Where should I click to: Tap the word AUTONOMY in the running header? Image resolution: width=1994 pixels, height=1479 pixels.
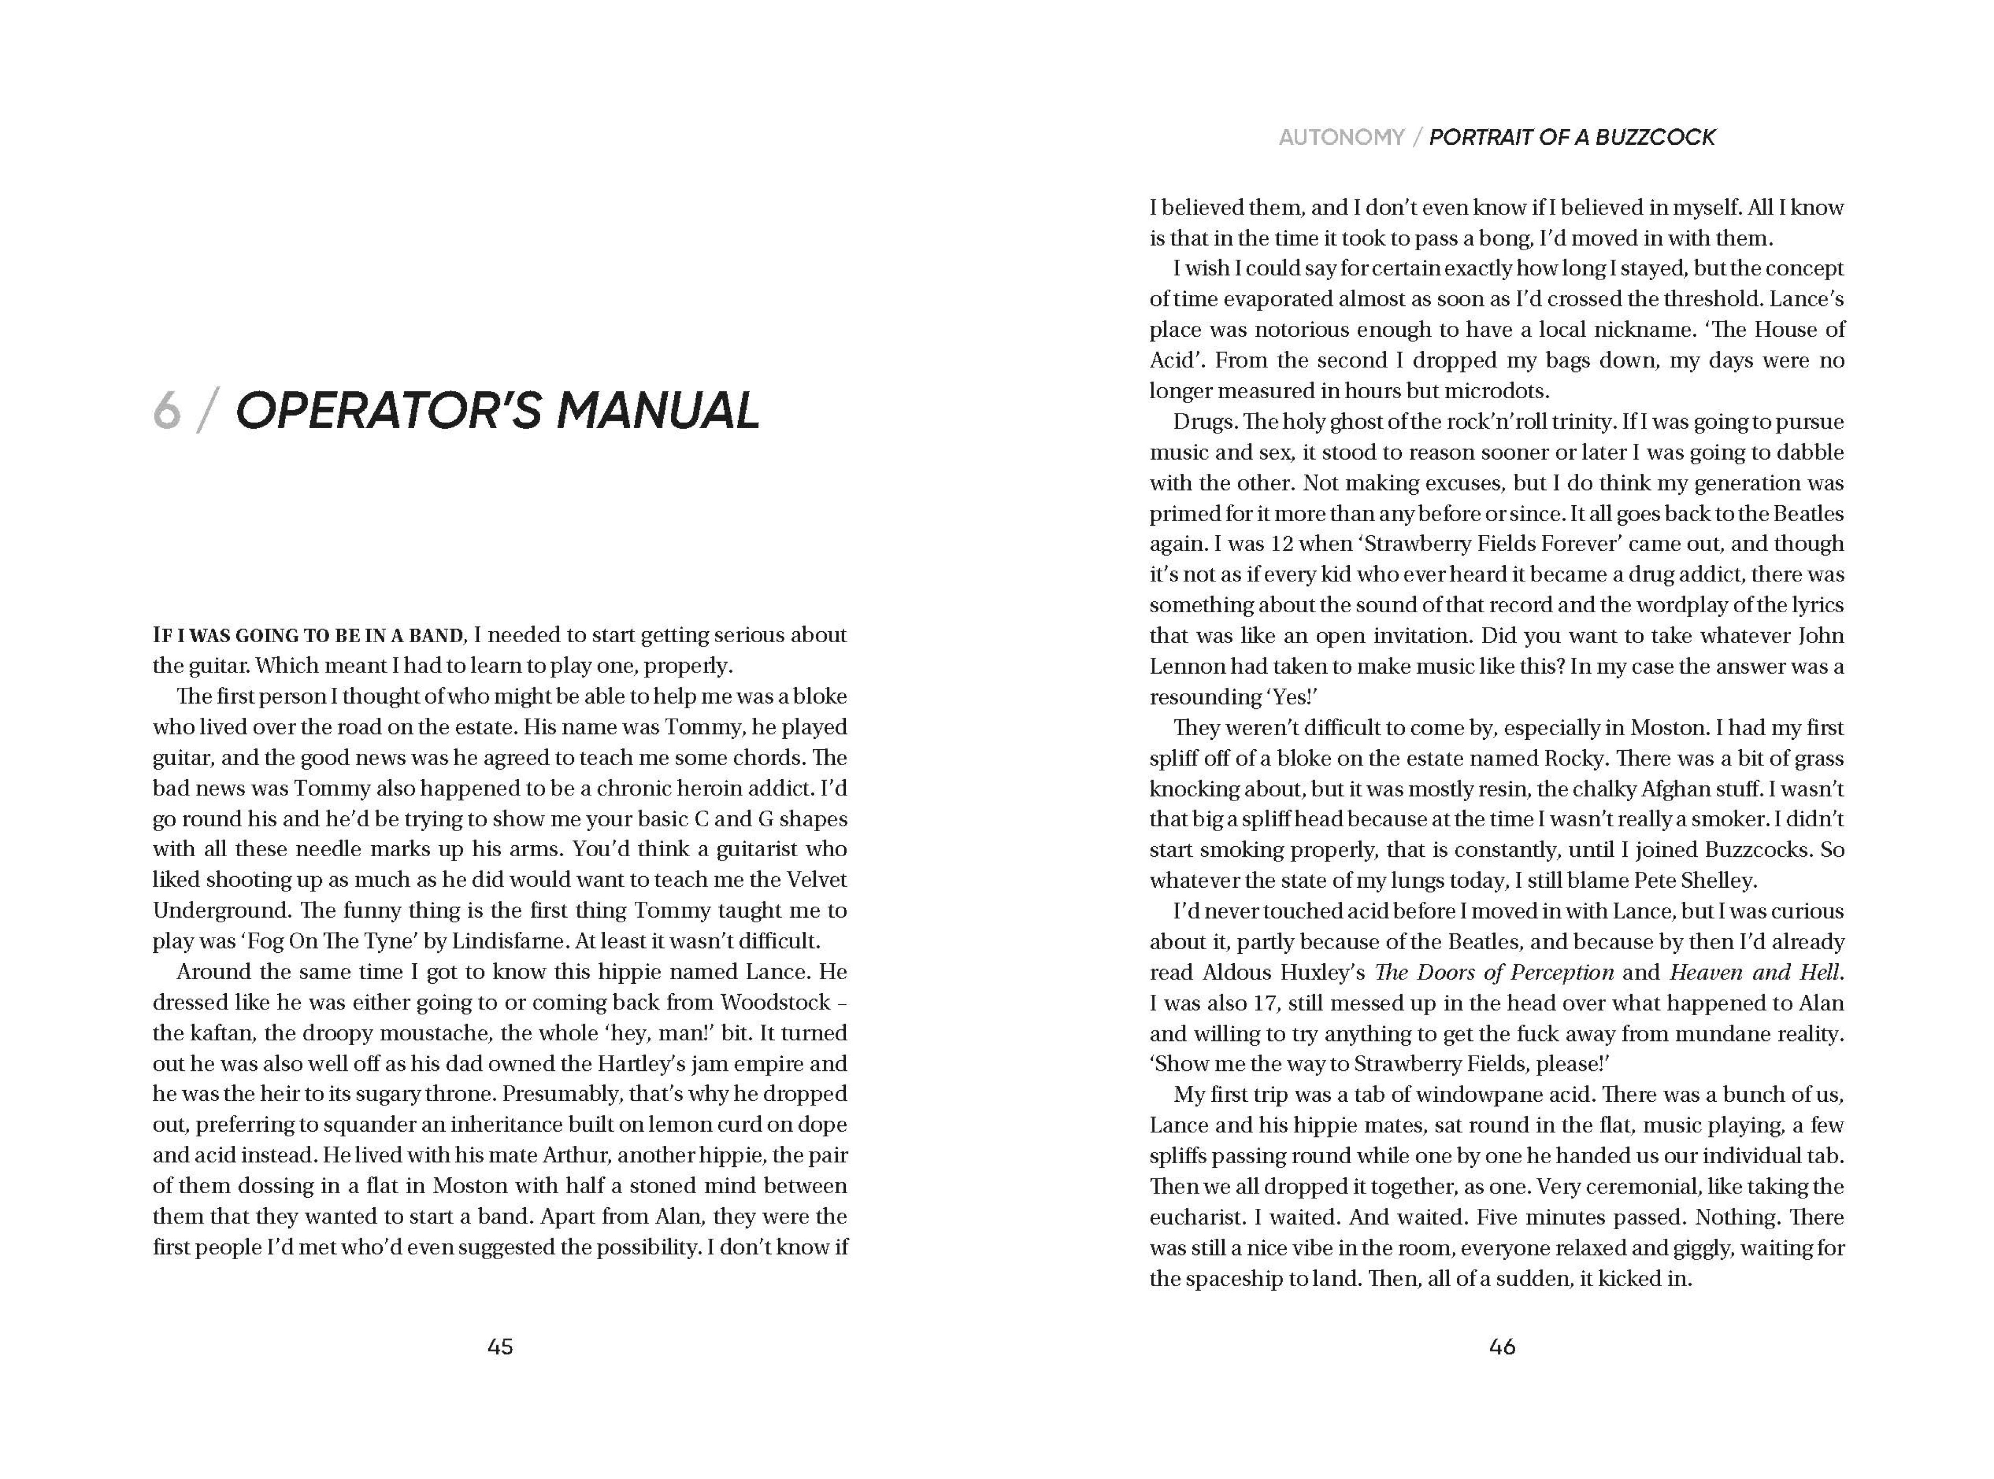click(1341, 137)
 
